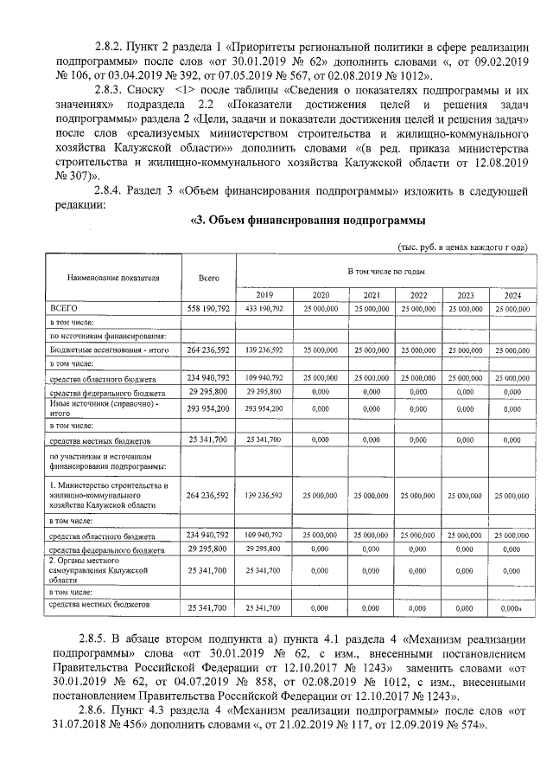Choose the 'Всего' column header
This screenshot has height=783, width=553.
[208, 279]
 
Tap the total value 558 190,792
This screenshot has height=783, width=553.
[208, 308]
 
